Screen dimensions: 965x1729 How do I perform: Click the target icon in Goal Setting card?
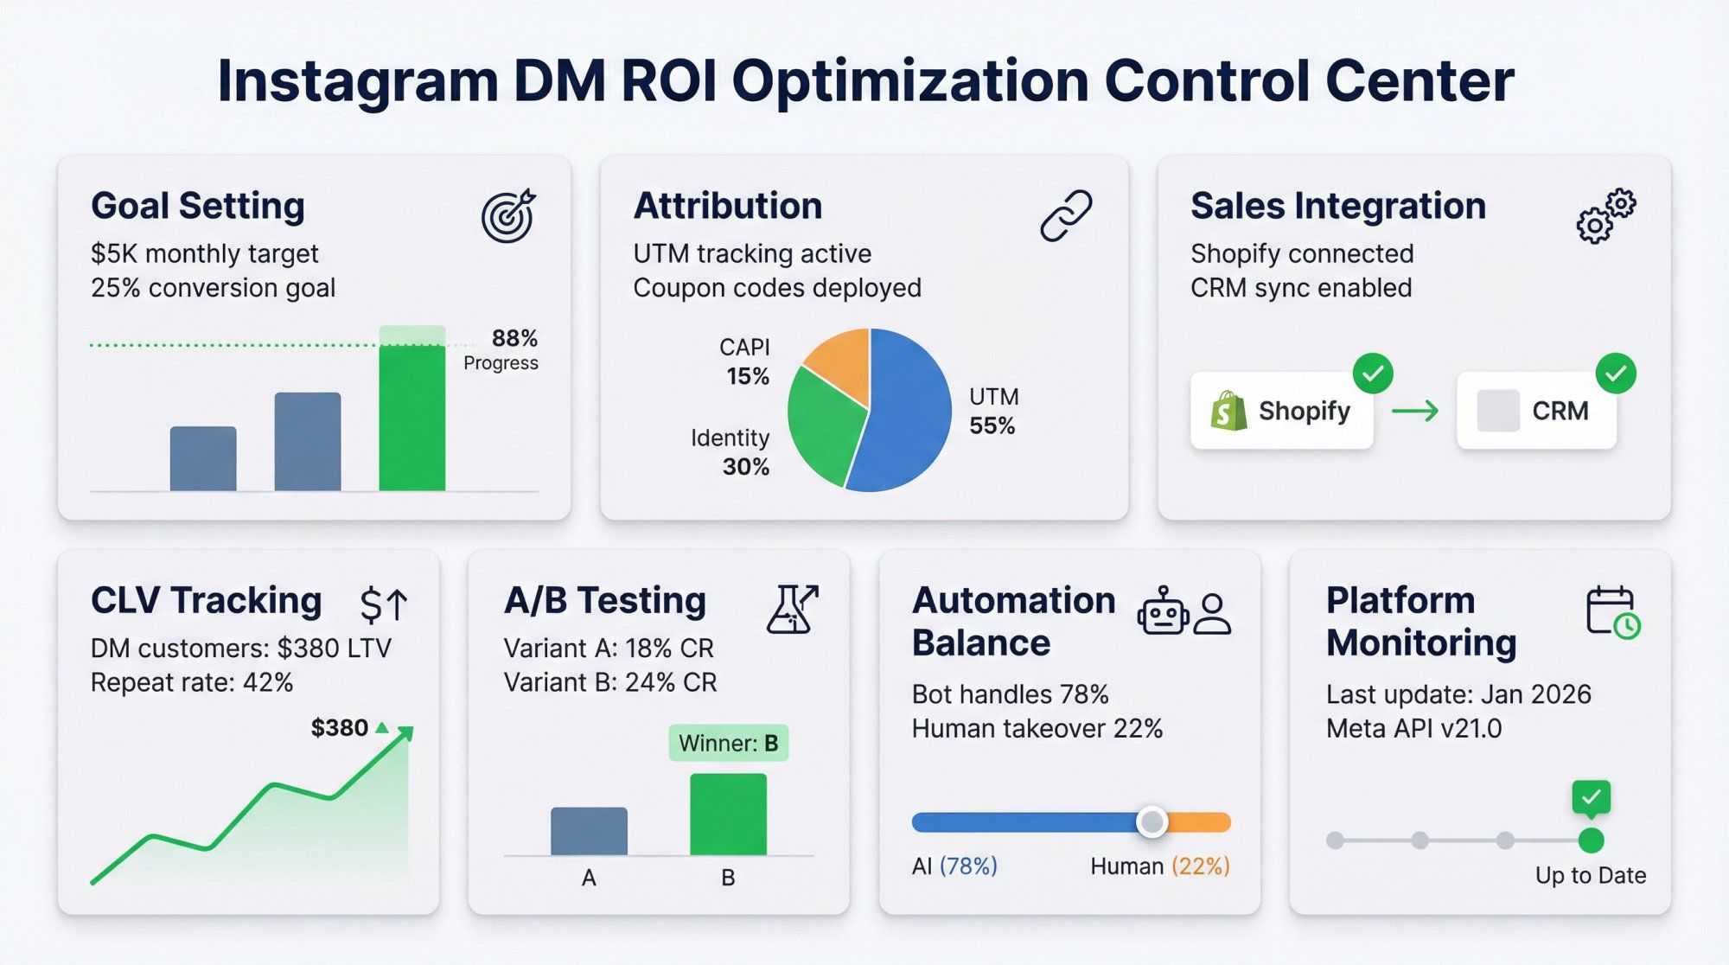pos(508,216)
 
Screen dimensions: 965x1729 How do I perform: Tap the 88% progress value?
pos(514,338)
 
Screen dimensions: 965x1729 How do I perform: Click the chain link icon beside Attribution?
pos(1066,216)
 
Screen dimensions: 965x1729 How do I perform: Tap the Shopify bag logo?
pos(1228,411)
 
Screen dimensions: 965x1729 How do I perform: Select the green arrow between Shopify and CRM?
pos(1415,411)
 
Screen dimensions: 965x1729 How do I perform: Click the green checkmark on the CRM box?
pos(1615,374)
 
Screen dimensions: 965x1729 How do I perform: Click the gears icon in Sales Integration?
pos(1605,216)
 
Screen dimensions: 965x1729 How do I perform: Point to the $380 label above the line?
pos(340,728)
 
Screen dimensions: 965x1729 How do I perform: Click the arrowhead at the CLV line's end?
pos(406,734)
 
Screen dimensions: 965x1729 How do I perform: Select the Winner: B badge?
pos(728,743)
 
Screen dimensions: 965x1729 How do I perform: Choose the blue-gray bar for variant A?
pos(589,831)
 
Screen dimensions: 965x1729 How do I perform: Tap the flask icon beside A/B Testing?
pos(791,609)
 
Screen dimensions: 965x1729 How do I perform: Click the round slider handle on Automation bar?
pos(1152,821)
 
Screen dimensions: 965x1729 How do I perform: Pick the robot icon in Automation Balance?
pos(1163,612)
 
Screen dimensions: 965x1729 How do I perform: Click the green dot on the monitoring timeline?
pos(1591,840)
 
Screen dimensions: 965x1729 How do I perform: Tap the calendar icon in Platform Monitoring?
pos(1612,612)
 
